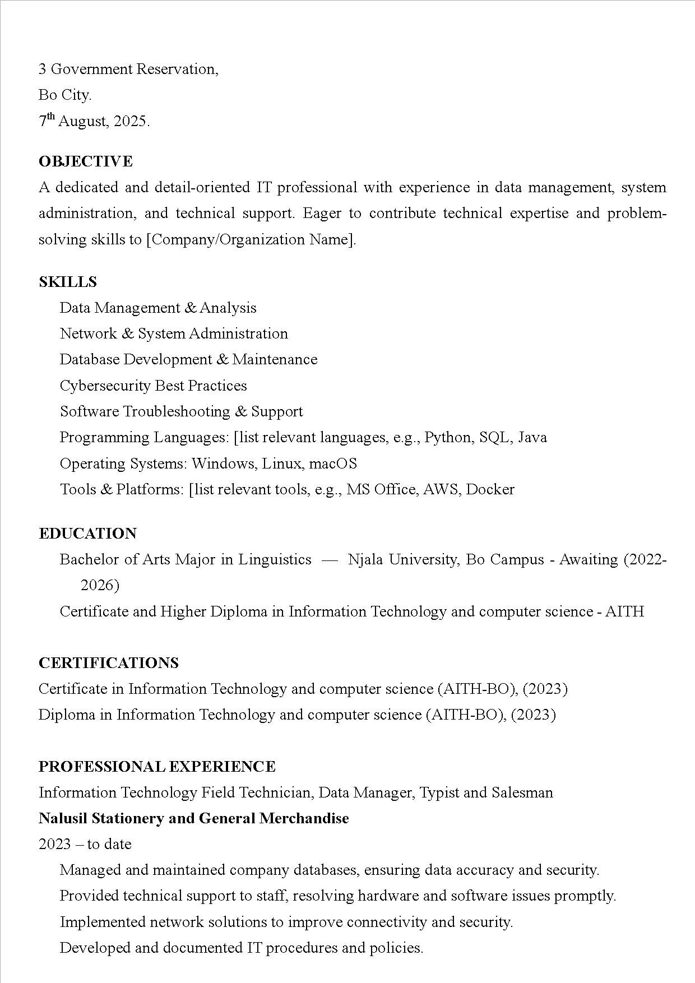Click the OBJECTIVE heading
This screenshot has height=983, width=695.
pos(86,161)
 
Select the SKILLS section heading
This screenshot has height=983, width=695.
pos(68,281)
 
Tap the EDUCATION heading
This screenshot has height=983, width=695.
pos(87,533)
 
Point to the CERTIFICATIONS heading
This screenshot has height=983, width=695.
pos(109,662)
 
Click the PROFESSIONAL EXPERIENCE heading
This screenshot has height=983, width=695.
pos(157,766)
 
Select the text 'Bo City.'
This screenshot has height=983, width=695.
pos(65,95)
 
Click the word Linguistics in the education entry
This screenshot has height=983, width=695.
pos(275,559)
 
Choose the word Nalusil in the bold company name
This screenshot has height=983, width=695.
pos(63,818)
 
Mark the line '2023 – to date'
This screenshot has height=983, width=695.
pos(85,844)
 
